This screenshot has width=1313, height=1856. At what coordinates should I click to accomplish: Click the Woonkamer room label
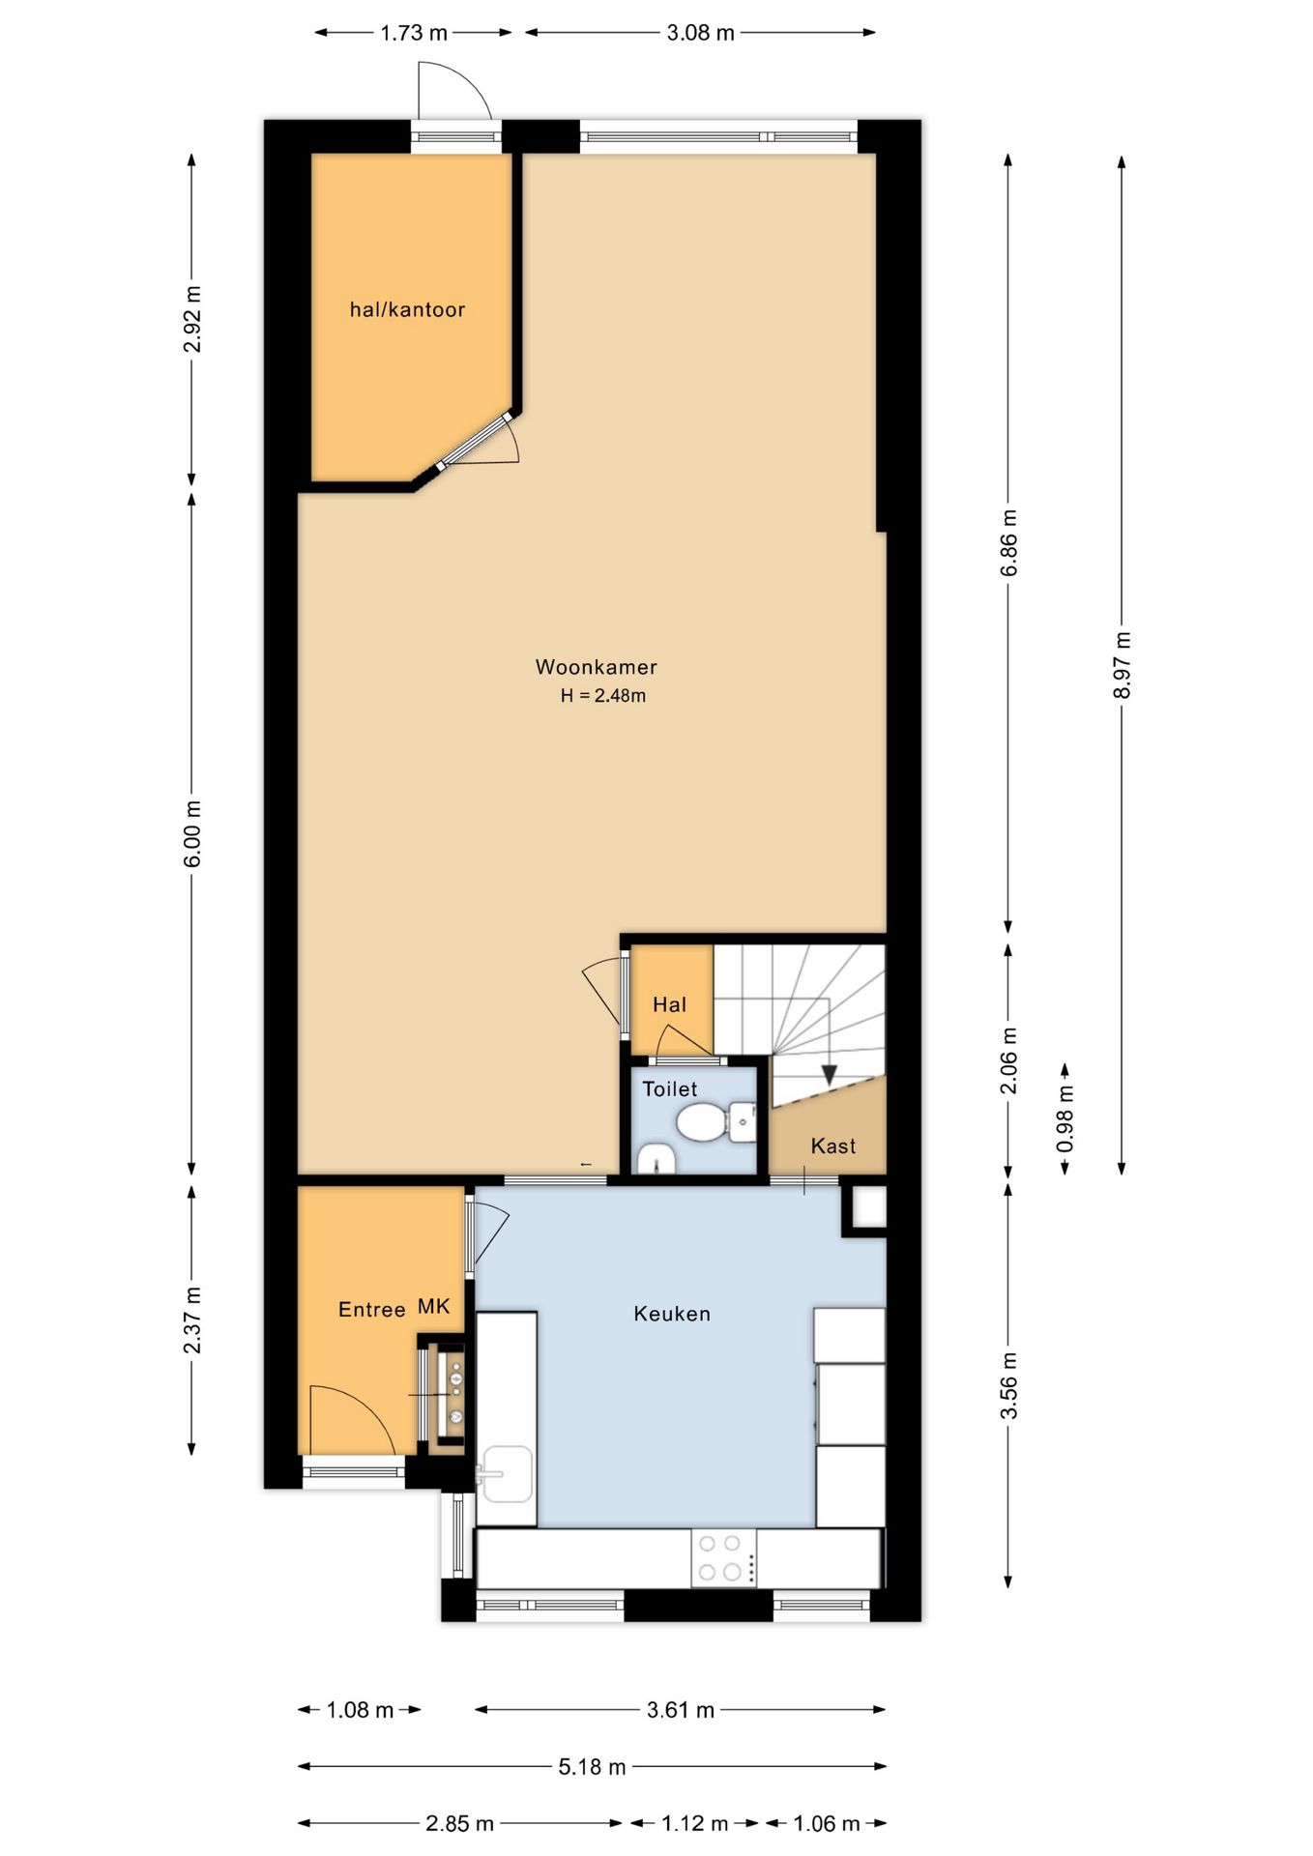pos(596,667)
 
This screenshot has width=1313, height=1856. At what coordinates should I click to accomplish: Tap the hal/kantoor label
pos(407,309)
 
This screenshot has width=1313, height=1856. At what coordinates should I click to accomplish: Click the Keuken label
pos(672,1314)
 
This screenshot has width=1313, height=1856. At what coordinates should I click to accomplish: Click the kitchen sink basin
pos(508,1474)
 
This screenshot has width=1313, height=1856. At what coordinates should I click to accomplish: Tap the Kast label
pos(833,1146)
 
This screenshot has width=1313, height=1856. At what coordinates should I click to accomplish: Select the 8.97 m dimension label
pos(1122,664)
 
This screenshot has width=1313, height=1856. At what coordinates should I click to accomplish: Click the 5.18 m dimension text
pos(592,1767)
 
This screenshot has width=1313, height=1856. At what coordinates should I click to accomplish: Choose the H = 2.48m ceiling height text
pos(603,695)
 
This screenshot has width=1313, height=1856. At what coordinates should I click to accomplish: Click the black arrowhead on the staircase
pos(829,1075)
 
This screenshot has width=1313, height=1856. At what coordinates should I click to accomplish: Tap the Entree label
pos(371,1310)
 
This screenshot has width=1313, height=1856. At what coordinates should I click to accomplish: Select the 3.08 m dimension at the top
pos(700,33)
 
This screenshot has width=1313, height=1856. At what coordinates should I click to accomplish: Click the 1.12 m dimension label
pos(694,1823)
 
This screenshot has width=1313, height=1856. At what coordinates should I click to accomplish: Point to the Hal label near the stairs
pos(669,1005)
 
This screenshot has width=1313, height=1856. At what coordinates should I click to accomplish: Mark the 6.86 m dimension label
pos(1008,542)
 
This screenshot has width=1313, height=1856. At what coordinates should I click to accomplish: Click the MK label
pos(434,1307)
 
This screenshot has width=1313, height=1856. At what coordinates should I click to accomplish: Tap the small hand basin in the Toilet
pos(656,1159)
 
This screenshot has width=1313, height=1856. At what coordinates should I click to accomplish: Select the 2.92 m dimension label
pos(192,319)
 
